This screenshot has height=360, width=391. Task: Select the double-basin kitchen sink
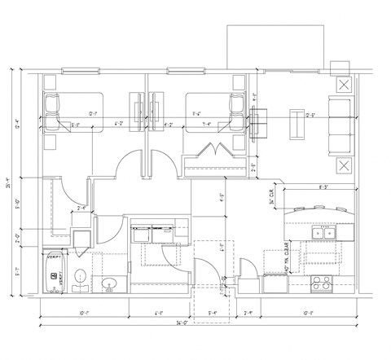[324, 234]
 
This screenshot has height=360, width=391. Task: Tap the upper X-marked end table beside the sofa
[345, 85]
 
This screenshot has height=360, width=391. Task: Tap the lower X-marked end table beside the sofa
[345, 166]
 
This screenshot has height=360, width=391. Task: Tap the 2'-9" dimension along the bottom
[248, 313]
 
